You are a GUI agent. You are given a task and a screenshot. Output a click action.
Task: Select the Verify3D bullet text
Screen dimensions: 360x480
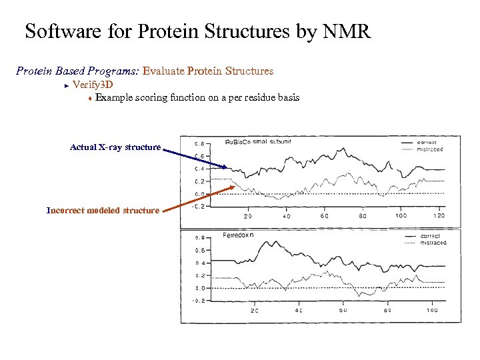point(93,84)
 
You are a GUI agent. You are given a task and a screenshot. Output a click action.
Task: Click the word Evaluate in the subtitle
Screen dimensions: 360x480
point(164,71)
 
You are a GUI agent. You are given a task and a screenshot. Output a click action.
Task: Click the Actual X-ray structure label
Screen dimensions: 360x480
point(115,147)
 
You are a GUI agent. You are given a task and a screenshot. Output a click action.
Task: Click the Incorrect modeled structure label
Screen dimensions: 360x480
point(103,210)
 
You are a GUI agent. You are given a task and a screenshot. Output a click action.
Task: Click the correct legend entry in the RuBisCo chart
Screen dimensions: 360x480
point(427,142)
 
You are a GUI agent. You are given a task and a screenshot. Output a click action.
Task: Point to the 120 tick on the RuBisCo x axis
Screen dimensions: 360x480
point(438,216)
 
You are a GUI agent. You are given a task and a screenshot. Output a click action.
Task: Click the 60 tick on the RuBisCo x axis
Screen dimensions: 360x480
point(325,216)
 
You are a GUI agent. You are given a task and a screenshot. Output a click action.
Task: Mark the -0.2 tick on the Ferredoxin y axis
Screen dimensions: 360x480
point(198,301)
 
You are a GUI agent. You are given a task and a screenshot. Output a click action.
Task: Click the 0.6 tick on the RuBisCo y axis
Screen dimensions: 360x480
point(199,156)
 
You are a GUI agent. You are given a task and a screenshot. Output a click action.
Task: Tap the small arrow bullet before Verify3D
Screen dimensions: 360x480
point(67,85)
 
